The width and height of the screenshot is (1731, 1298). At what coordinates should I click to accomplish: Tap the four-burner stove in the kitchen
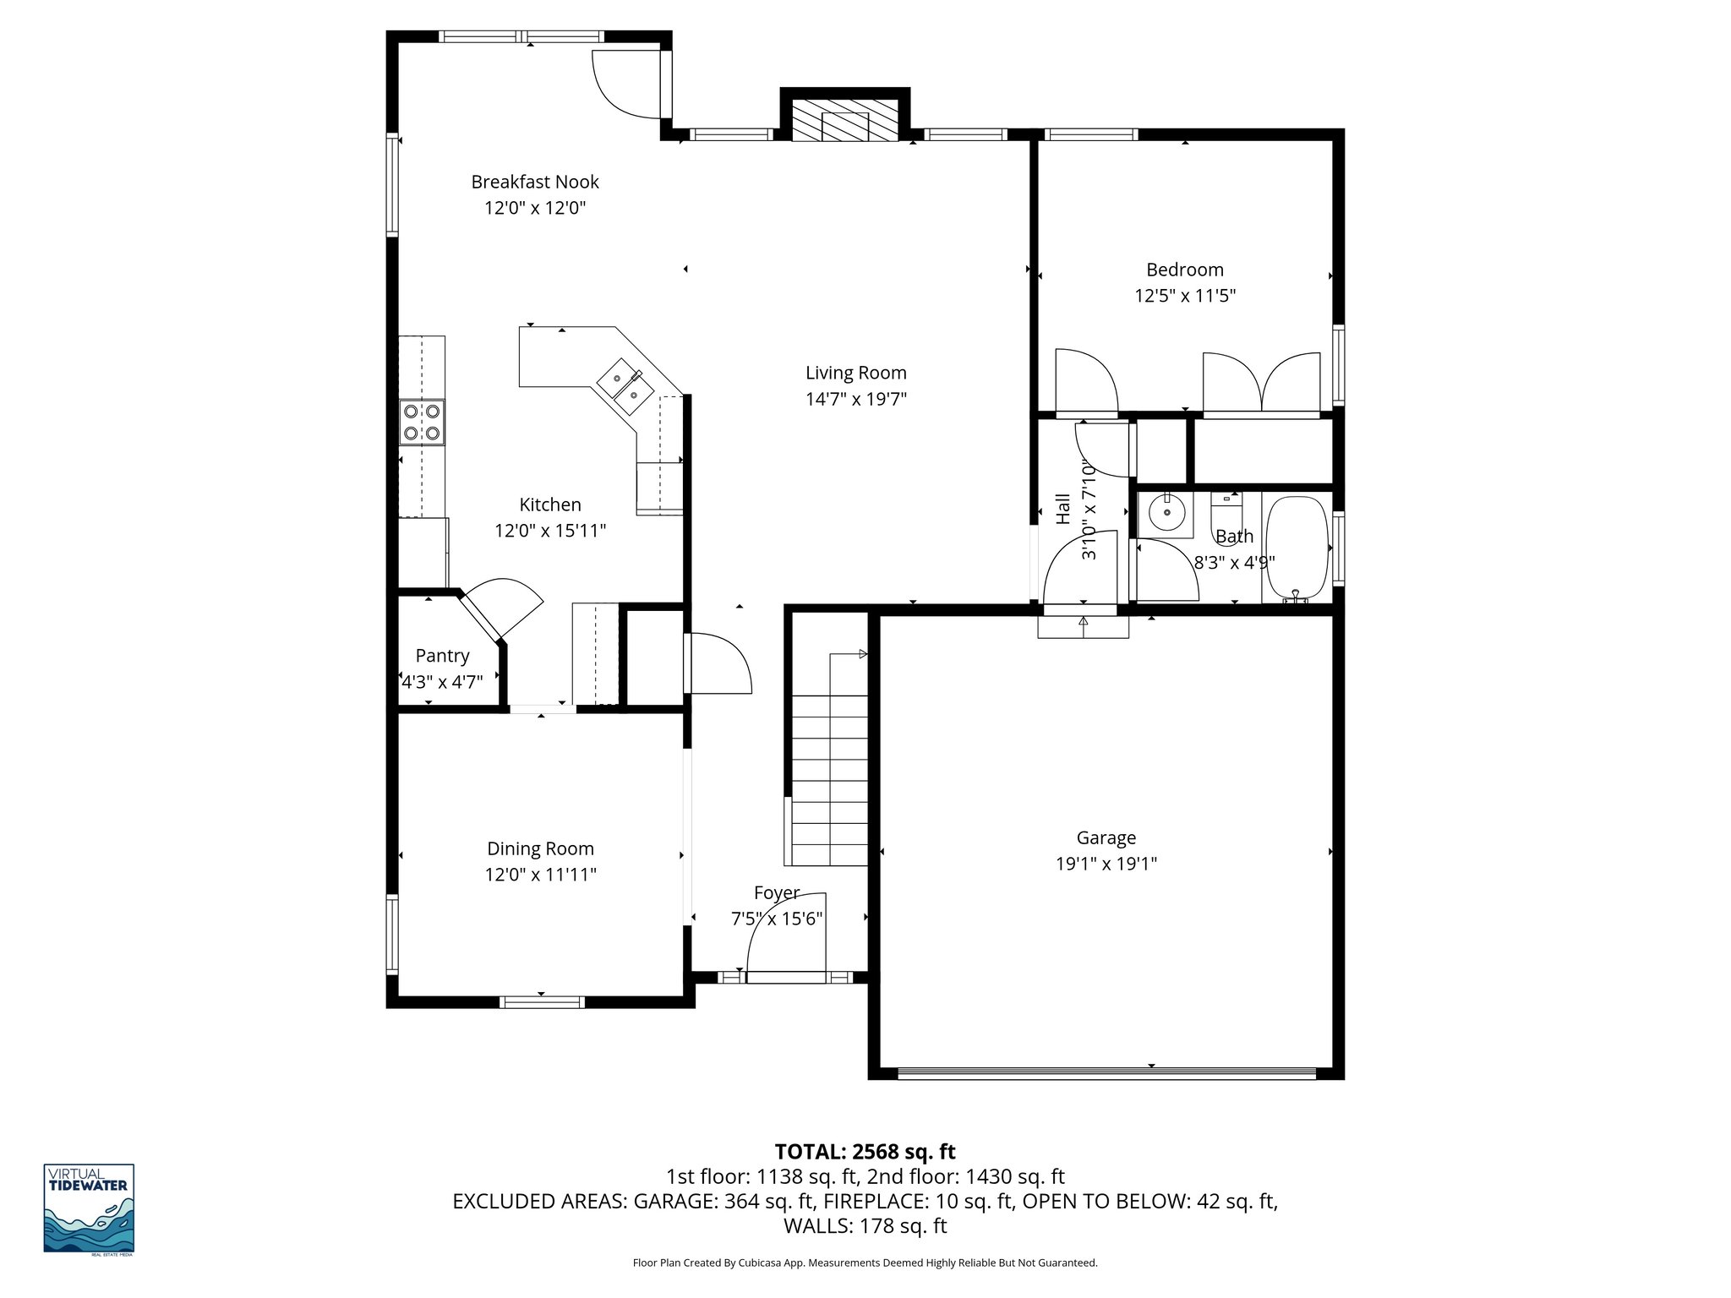pyautogui.click(x=422, y=422)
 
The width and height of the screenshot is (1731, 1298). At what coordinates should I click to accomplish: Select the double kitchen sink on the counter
pyautogui.click(x=625, y=387)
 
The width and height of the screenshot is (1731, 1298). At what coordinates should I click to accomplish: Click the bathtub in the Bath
pyautogui.click(x=1296, y=548)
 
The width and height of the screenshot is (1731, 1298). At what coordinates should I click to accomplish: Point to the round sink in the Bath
pyautogui.click(x=1166, y=512)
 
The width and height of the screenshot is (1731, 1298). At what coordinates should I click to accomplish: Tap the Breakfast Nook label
pyautogui.click(x=534, y=182)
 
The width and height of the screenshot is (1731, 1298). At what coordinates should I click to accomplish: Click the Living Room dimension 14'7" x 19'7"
pyautogui.click(x=855, y=399)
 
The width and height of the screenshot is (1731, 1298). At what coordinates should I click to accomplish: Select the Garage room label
pyautogui.click(x=1106, y=837)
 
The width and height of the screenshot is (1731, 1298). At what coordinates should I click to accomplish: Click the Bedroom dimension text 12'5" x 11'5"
pyautogui.click(x=1184, y=296)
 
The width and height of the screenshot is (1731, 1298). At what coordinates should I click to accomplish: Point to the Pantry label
pyautogui.click(x=442, y=655)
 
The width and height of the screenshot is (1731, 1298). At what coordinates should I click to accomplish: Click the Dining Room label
pyautogui.click(x=540, y=848)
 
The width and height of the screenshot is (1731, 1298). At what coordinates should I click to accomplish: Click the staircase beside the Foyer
pyautogui.click(x=829, y=777)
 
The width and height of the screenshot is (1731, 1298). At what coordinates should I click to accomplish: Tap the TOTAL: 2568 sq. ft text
pyautogui.click(x=865, y=1151)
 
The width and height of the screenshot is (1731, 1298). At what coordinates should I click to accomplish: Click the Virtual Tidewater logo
pyautogui.click(x=89, y=1208)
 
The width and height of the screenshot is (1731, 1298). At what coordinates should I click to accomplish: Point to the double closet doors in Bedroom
pyautogui.click(x=1261, y=384)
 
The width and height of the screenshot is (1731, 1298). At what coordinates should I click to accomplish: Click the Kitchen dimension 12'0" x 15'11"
pyautogui.click(x=550, y=531)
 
